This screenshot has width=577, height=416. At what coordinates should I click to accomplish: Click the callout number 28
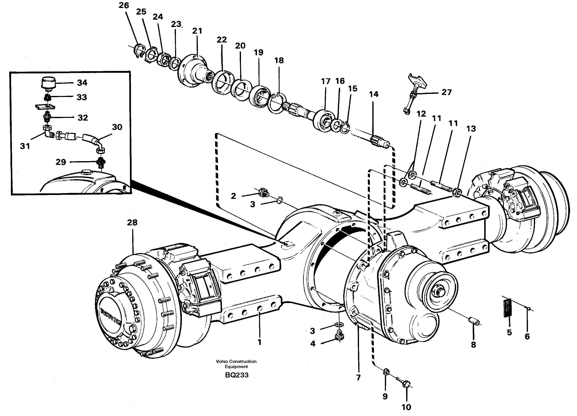132,223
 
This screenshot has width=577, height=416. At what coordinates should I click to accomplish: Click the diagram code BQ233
237,375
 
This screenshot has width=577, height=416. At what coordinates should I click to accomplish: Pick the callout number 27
446,92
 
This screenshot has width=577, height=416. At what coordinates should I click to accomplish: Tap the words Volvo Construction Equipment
236,364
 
